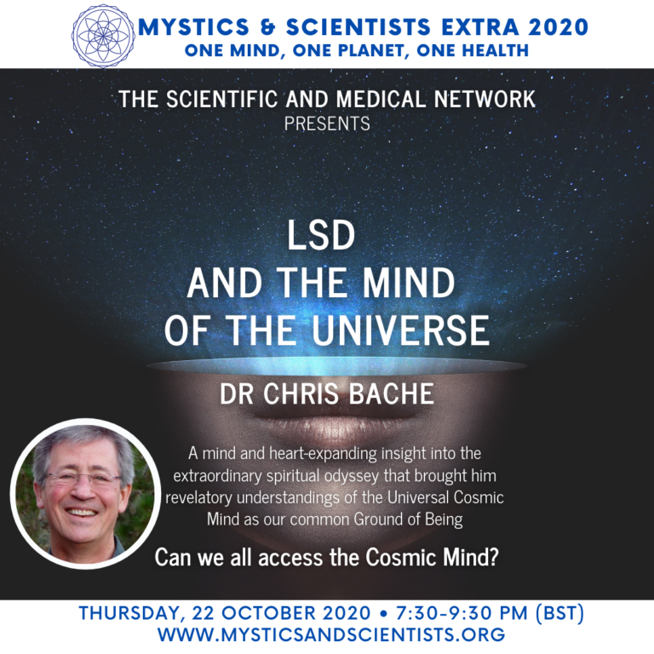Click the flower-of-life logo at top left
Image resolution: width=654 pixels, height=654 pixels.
pos(103,36)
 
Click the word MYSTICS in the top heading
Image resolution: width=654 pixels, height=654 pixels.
pos(193,27)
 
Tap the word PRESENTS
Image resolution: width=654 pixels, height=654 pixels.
pos(327,123)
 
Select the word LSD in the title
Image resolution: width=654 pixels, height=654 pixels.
pos(321,235)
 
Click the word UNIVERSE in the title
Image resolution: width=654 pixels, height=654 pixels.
pos(400,330)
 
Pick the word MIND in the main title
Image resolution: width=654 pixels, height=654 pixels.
pos(409,283)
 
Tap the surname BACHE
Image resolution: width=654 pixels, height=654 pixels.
pos(391,393)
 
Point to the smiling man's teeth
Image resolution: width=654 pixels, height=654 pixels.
pos(82,512)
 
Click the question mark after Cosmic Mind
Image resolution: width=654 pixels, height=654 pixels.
pos(493,557)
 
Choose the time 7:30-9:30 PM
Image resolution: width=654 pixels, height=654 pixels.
pos(462,613)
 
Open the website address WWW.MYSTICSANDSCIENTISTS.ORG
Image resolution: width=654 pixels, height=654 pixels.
pos(331,634)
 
